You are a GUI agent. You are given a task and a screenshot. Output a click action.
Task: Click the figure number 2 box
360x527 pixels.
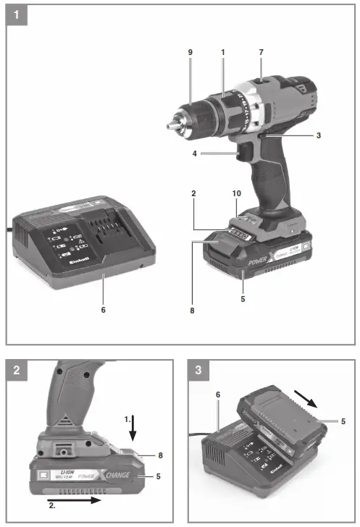point(17,371)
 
